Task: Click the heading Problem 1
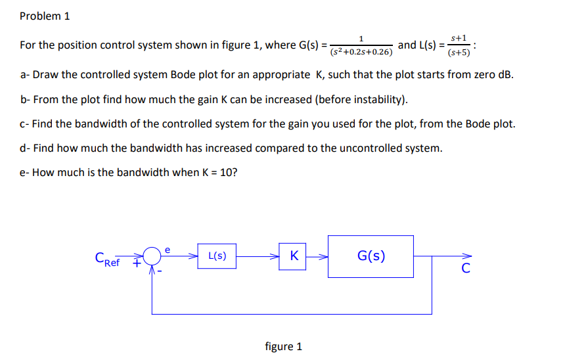tap(45, 16)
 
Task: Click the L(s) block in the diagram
tap(217, 256)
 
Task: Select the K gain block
tap(294, 256)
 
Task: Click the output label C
tap(465, 268)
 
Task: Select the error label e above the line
tap(168, 248)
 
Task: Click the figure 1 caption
tap(283, 346)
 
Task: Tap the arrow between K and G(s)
tap(318, 256)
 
